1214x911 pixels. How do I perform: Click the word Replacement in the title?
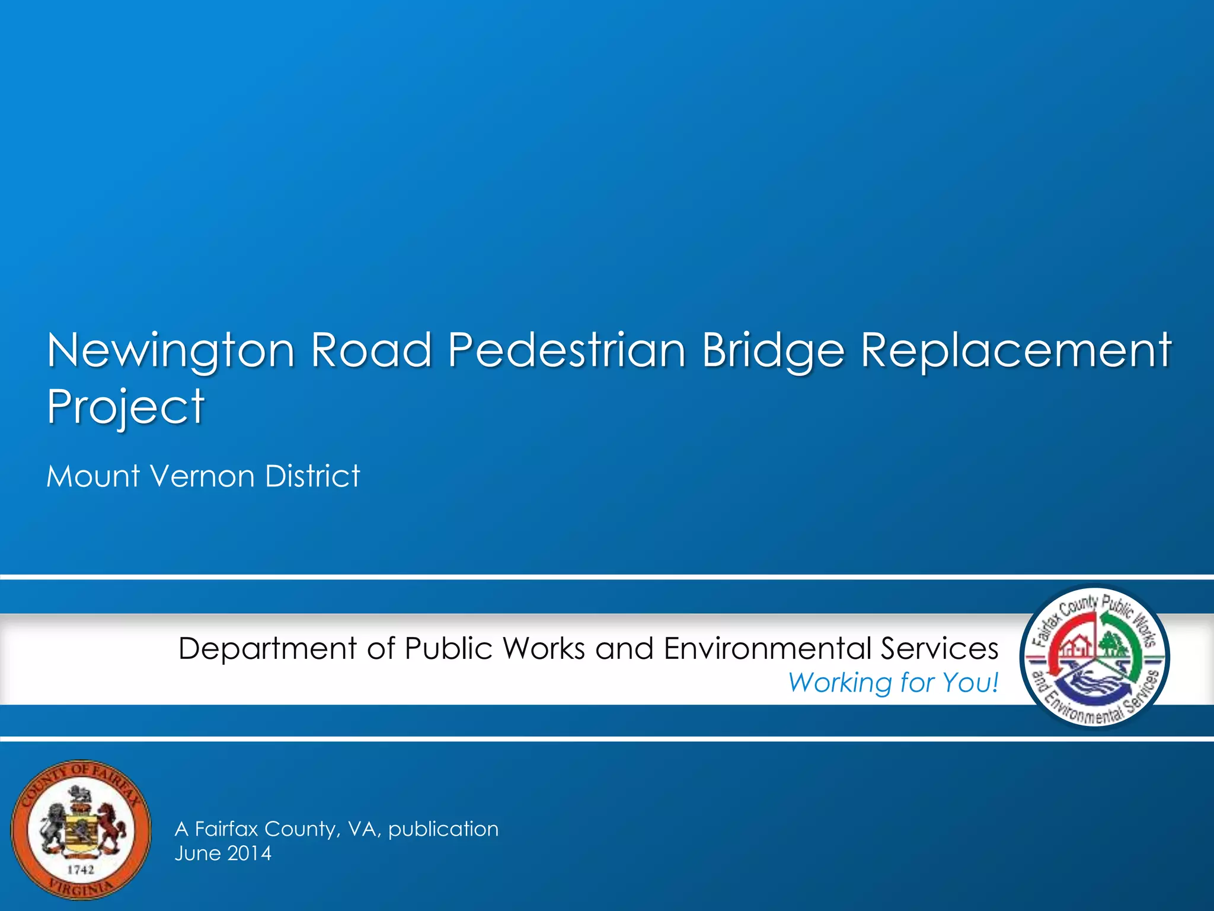(1015, 351)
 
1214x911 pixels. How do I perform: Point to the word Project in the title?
(126, 408)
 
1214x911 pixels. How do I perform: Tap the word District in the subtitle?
(312, 476)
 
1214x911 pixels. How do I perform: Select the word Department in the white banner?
(267, 649)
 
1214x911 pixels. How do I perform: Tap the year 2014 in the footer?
(249, 853)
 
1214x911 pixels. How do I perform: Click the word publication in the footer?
(443, 829)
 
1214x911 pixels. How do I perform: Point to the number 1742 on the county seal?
(80, 869)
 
